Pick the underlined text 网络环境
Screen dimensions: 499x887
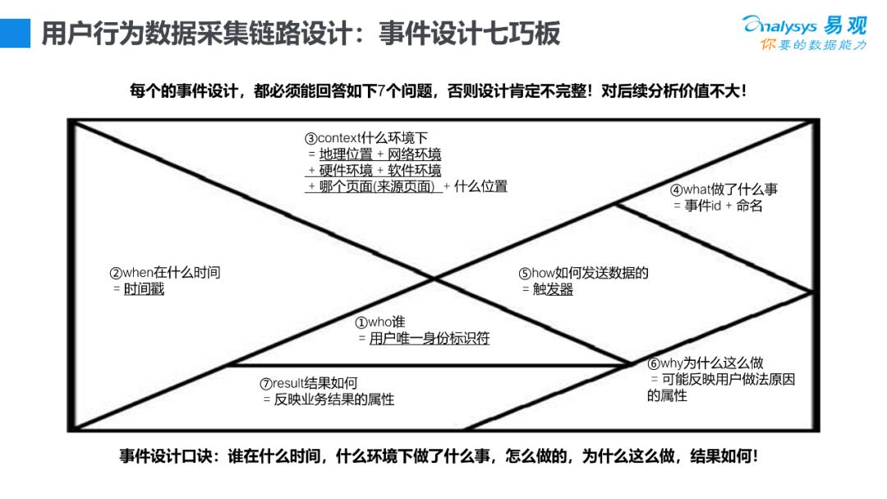click(x=414, y=154)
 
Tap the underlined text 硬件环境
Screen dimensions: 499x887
click(x=346, y=170)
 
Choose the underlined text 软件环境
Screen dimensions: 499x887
click(x=414, y=170)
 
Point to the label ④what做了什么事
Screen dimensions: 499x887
click(x=724, y=190)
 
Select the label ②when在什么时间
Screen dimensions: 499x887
click(x=165, y=273)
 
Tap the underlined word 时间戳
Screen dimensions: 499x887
click(x=144, y=289)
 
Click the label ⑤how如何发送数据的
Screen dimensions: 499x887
click(x=583, y=274)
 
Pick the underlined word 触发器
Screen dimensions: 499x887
click(x=553, y=289)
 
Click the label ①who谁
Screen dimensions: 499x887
click(x=379, y=322)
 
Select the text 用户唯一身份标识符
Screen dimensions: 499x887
click(x=429, y=339)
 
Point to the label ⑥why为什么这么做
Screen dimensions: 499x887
click(x=705, y=363)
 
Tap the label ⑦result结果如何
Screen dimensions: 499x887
click(x=308, y=383)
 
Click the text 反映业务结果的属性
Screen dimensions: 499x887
click(x=333, y=400)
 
